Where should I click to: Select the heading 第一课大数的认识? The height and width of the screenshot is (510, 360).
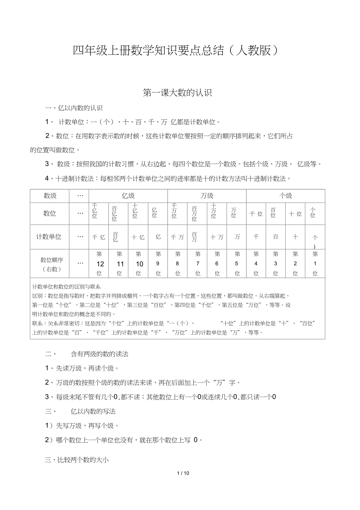[177, 93]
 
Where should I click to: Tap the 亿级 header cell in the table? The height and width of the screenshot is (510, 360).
[128, 196]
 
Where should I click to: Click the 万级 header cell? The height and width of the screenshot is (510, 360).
[207, 196]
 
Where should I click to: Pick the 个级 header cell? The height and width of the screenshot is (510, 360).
[286, 196]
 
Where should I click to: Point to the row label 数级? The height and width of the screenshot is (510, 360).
[50, 196]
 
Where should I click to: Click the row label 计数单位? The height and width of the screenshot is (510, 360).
[49, 236]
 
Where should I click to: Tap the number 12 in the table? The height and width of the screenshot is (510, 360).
[100, 264]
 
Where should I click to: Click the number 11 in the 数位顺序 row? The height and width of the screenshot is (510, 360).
[120, 264]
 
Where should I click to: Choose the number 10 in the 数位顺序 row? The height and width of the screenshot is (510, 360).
[139, 264]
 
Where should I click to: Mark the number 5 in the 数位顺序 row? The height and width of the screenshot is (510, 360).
[236, 264]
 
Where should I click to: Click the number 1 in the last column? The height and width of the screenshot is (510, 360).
[315, 264]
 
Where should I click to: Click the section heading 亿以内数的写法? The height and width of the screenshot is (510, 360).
[93, 411]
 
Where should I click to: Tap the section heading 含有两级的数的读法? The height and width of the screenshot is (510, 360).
[99, 354]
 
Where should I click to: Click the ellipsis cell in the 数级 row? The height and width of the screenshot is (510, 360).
[80, 196]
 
